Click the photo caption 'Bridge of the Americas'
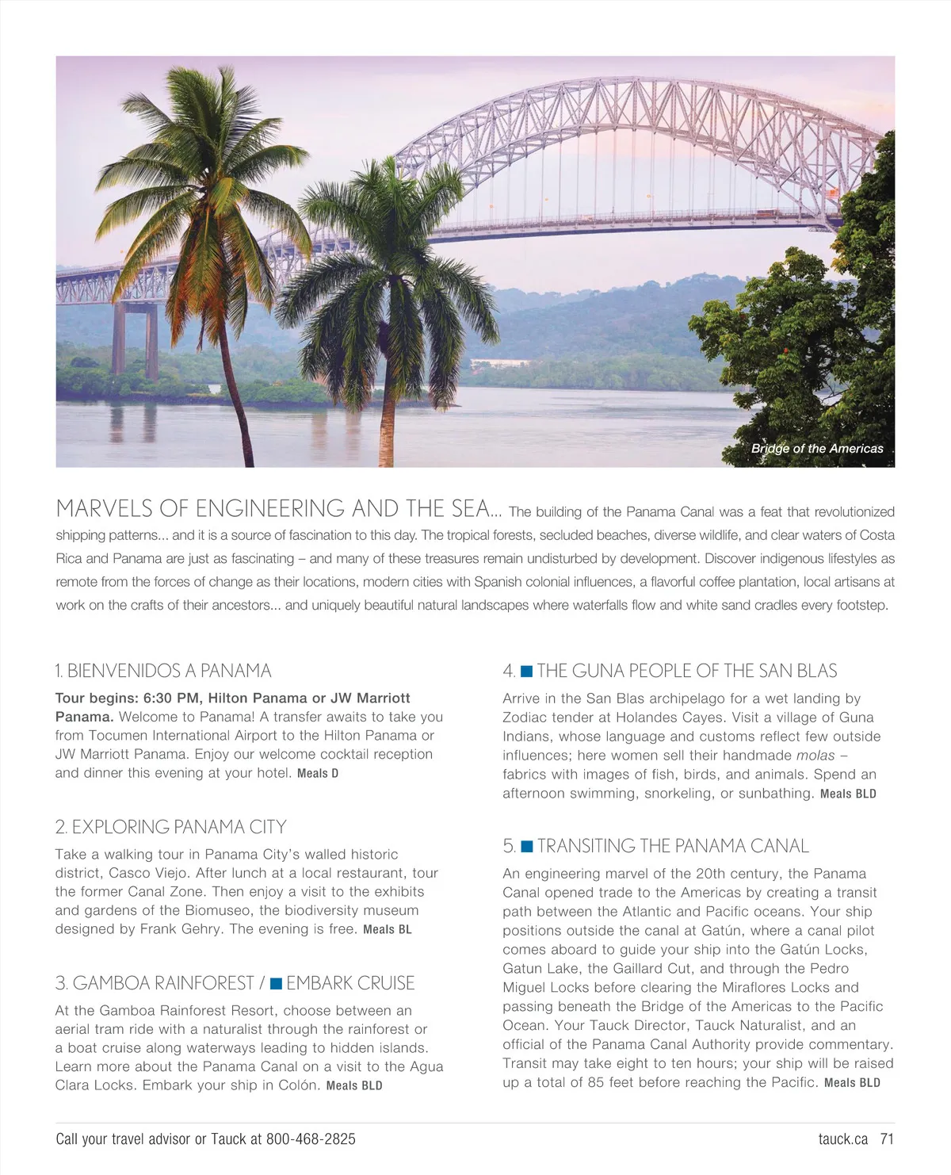pyautogui.click(x=817, y=449)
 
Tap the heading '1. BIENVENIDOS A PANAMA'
pyautogui.click(x=163, y=671)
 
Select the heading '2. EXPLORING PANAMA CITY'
pyautogui.click(x=170, y=827)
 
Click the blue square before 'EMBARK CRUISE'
pyautogui.click(x=276, y=984)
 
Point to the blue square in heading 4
pyautogui.click(x=526, y=672)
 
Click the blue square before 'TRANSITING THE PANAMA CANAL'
pyautogui.click(x=526, y=847)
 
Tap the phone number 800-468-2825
pyautogui.click(x=311, y=1139)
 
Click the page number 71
pyautogui.click(x=887, y=1139)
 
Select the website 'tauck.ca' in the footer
pyautogui.click(x=843, y=1139)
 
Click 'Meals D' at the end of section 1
pyautogui.click(x=318, y=773)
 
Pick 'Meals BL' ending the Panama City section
pyautogui.click(x=388, y=929)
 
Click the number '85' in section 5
pyautogui.click(x=596, y=1082)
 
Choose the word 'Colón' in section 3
pyautogui.click(x=299, y=1085)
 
